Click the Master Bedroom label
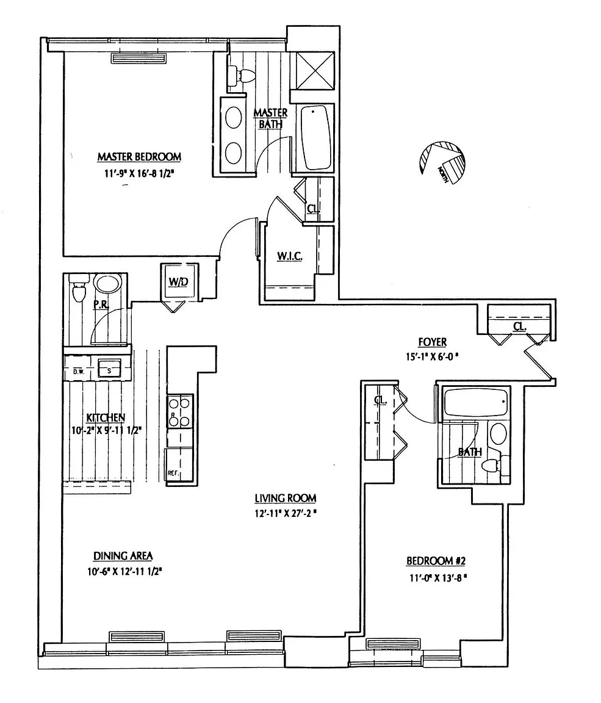pos(139,157)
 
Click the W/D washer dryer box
pos(178,283)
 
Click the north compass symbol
pos(442,164)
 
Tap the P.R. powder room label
pos(101,305)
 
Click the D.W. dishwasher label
pos(78,371)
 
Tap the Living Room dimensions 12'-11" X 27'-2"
pos(286,513)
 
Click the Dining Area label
pos(123,556)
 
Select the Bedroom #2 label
pos(436,561)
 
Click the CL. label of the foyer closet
pos(519,327)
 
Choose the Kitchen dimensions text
pos(106,430)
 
